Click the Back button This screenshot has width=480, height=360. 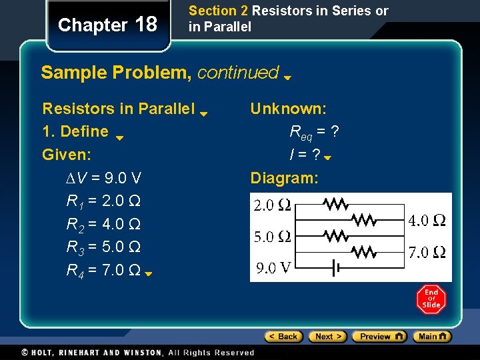(x=283, y=337)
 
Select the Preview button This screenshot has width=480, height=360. (x=379, y=337)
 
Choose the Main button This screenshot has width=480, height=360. (x=432, y=337)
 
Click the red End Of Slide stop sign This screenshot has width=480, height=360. (x=431, y=299)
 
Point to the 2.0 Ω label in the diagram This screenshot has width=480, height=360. (x=272, y=205)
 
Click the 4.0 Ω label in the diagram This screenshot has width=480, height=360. (x=427, y=220)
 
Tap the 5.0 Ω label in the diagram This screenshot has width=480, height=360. (x=272, y=236)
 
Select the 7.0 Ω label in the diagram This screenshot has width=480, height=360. (x=427, y=252)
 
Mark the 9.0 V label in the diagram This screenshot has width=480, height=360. (x=274, y=268)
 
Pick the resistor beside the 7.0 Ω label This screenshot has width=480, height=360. (x=363, y=251)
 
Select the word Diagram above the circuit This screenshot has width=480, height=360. (x=284, y=178)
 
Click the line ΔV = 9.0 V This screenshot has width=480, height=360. (x=103, y=179)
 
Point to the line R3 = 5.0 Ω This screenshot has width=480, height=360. (x=103, y=247)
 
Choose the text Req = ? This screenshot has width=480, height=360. (x=314, y=132)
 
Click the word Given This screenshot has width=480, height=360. (x=66, y=155)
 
